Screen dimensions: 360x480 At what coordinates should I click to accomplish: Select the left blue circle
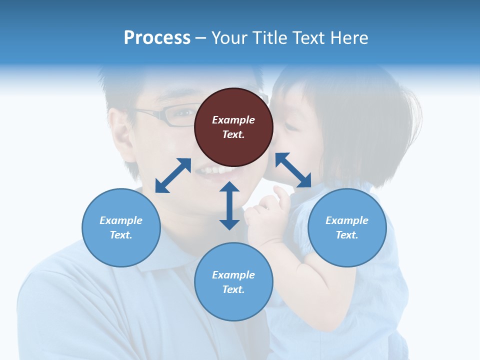pyautogui.click(x=121, y=227)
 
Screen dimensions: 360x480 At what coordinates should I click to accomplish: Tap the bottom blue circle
pyautogui.click(x=233, y=282)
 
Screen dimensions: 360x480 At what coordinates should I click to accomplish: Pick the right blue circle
pyautogui.click(x=347, y=227)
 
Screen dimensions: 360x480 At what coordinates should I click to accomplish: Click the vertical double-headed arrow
pyautogui.click(x=229, y=205)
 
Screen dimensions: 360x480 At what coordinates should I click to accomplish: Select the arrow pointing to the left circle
pyautogui.click(x=173, y=175)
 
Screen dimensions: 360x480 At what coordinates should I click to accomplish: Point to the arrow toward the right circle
pyautogui.click(x=293, y=170)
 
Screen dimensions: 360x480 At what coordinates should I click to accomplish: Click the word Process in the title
pyautogui.click(x=157, y=37)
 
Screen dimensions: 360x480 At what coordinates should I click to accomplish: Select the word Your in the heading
pyautogui.click(x=229, y=37)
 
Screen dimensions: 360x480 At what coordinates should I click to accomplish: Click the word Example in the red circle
pyautogui.click(x=233, y=120)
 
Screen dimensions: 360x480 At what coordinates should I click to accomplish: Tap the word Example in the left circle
pyautogui.click(x=121, y=220)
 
